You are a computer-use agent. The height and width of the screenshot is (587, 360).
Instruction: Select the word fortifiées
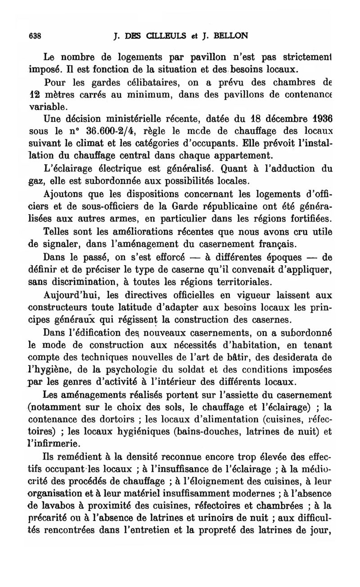(309, 218)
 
